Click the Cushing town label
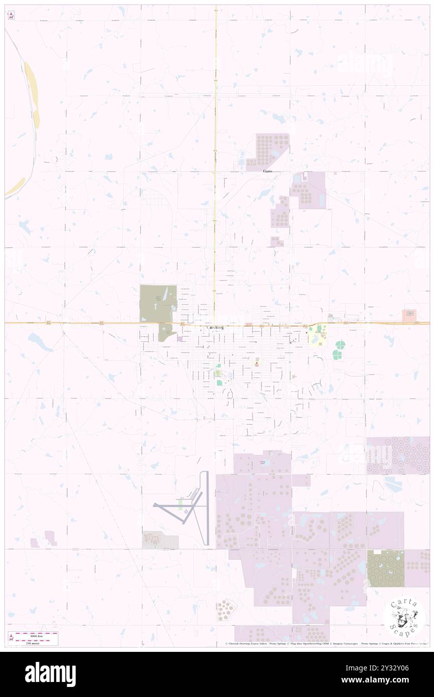214,327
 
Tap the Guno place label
268,171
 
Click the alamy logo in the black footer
50,674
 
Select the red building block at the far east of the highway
409,315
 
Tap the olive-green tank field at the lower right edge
385,568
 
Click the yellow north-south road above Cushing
215,150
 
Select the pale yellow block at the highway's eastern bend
317,335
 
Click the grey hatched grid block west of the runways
160,540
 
